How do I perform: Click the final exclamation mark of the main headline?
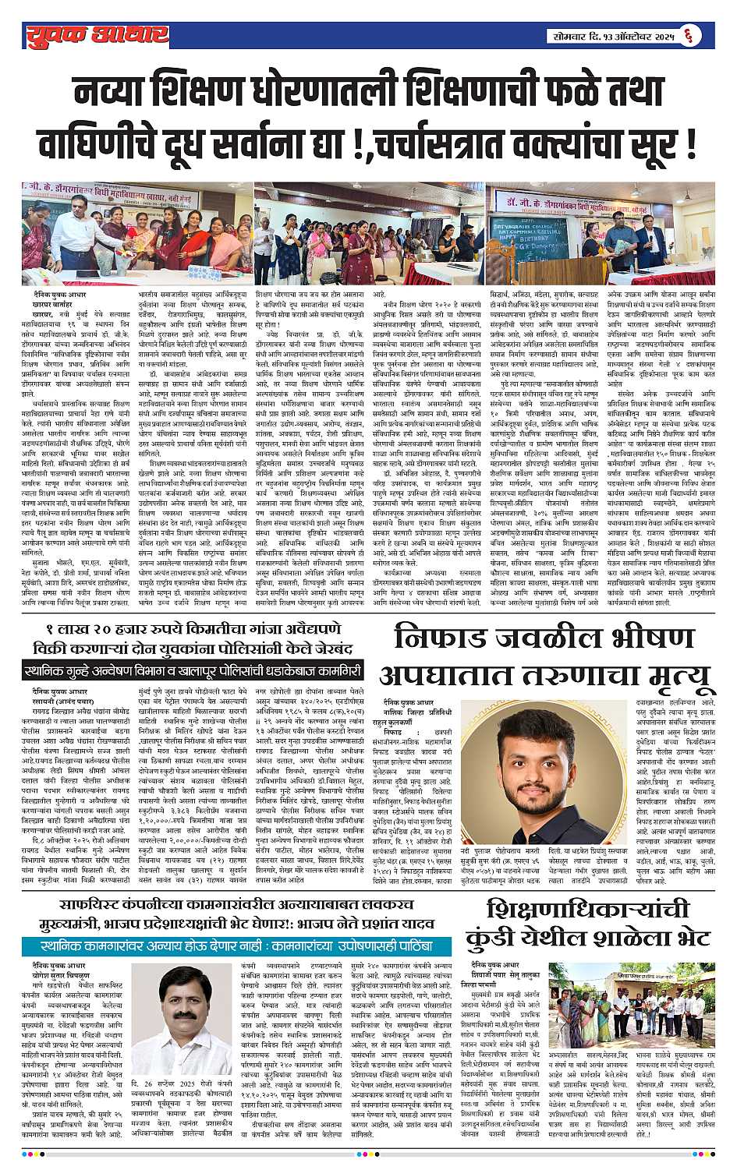coord(690,145)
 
